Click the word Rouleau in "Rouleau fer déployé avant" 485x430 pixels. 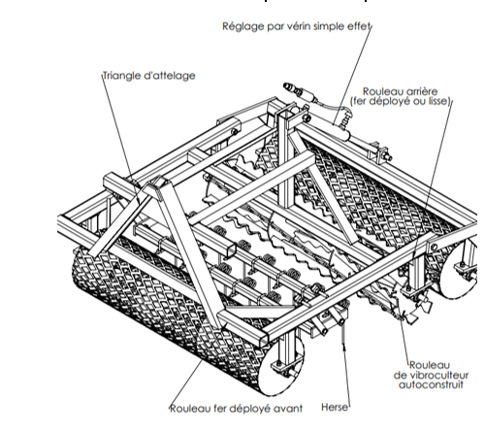(x=192, y=408)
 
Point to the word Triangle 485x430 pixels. (x=124, y=75)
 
